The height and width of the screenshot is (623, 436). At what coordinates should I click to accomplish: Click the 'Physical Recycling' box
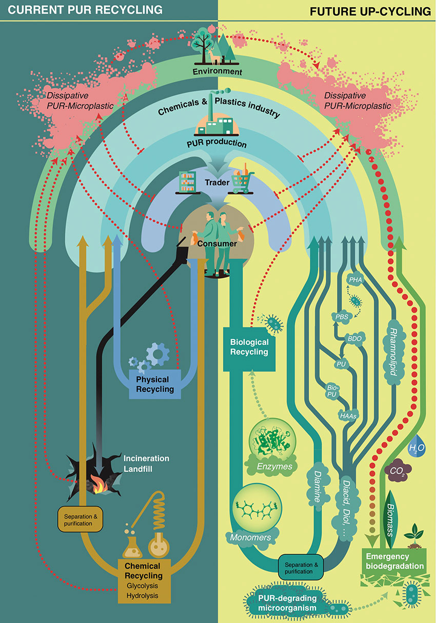(155, 384)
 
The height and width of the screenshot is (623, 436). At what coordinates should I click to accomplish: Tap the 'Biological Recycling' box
(248, 346)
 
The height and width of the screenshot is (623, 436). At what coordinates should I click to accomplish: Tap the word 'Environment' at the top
(217, 71)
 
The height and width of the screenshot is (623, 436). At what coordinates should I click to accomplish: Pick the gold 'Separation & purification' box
(78, 520)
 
